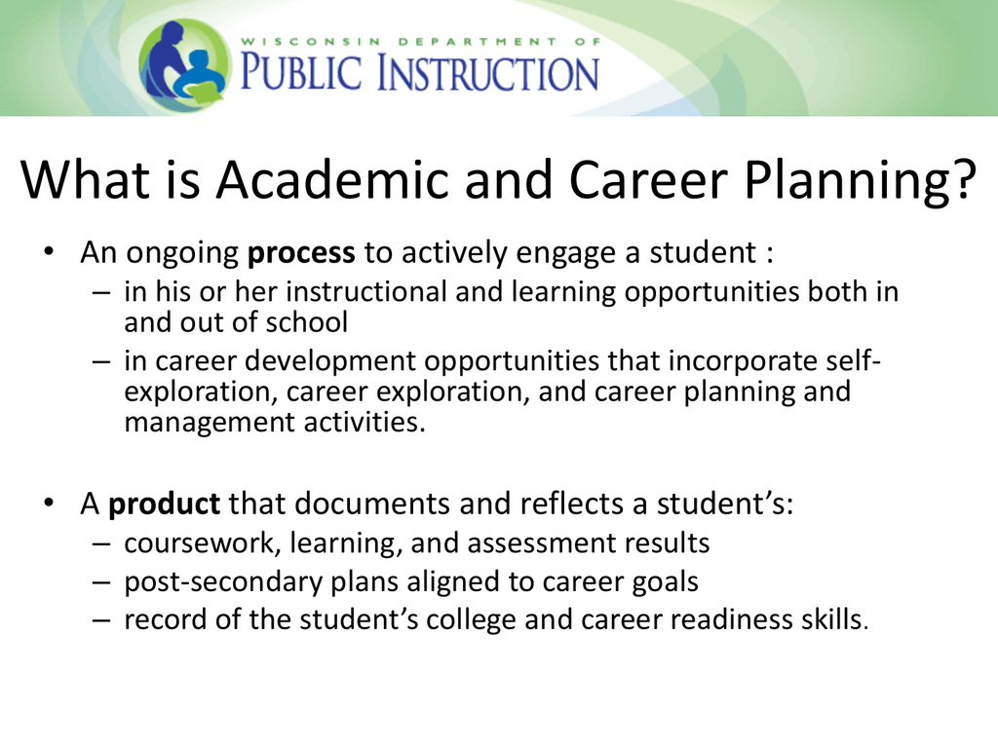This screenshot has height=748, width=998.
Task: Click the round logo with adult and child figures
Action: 184,65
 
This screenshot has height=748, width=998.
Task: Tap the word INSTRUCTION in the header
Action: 488,72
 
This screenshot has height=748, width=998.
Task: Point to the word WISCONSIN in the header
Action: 311,42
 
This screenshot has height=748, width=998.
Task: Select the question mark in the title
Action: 963,180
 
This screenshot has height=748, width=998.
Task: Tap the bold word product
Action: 164,505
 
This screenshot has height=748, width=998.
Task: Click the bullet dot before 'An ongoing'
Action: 49,251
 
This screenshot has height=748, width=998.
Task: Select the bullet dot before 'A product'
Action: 49,503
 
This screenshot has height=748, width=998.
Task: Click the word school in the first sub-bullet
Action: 307,321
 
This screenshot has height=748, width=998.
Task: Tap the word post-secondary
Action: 223,582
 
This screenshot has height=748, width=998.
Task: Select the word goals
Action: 665,582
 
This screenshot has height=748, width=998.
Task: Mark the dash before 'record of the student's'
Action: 101,619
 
